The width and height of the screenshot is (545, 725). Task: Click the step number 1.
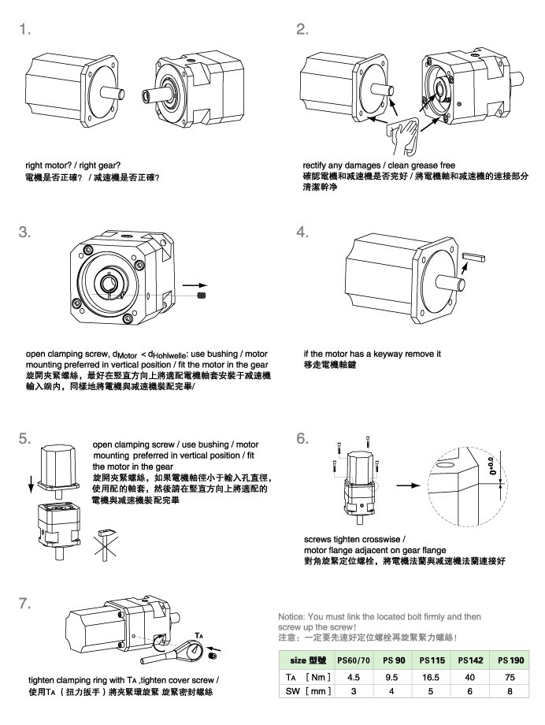[25, 30]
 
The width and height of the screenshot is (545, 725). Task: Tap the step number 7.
[25, 604]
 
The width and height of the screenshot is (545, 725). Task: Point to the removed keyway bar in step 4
[474, 256]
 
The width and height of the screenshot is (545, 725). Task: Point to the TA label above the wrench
[201, 634]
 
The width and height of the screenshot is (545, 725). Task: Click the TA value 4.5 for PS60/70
[354, 675]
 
